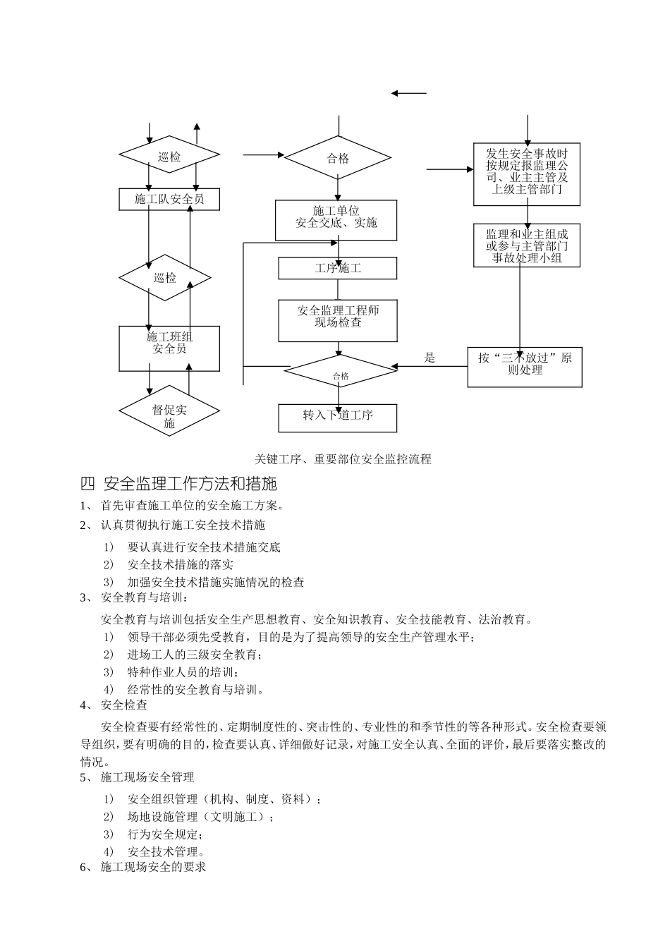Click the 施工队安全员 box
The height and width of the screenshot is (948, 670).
(169, 199)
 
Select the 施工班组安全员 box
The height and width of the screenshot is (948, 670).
(169, 348)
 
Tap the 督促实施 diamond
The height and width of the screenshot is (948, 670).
(169, 410)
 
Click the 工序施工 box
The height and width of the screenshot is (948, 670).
(338, 268)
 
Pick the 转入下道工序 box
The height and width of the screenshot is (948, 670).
(338, 418)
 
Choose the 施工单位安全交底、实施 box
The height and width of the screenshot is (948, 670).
(336, 219)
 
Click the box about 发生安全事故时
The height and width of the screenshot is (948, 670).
(527, 174)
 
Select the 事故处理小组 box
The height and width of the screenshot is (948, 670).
(527, 245)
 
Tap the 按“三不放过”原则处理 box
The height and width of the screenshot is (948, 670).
(525, 367)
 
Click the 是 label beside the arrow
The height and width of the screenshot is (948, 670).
(430, 358)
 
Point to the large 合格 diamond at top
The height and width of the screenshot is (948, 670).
(338, 158)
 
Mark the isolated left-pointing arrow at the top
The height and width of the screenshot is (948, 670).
(409, 93)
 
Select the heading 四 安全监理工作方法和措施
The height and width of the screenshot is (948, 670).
(179, 484)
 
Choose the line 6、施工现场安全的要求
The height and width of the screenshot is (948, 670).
(144, 867)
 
